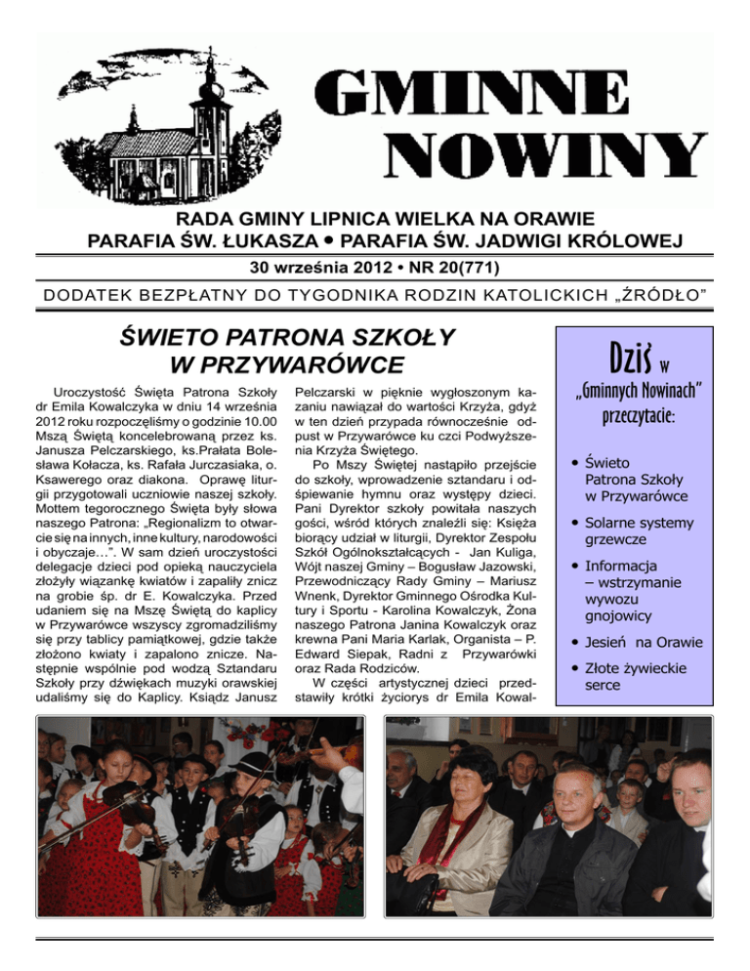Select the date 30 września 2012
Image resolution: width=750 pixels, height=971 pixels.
coord(337,266)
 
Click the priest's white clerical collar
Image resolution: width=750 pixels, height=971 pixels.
coord(572,824)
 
